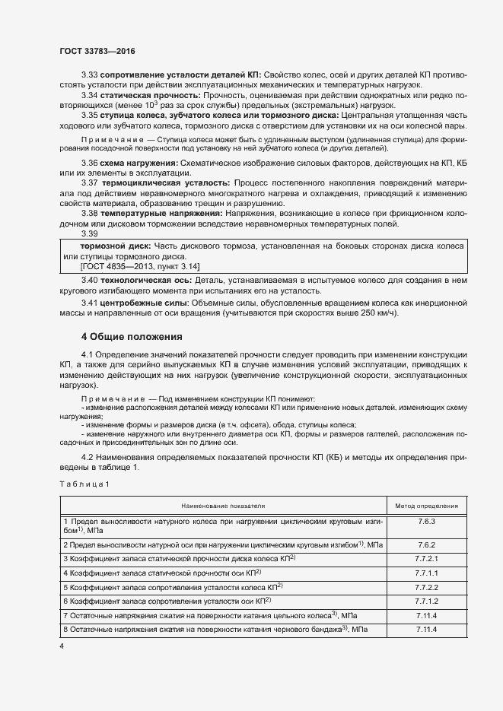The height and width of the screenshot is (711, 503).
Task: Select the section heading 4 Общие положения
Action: click(132, 336)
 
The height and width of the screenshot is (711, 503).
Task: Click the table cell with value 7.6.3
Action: click(426, 523)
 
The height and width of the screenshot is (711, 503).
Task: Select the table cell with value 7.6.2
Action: click(426, 545)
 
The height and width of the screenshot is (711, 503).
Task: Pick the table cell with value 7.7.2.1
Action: click(426, 559)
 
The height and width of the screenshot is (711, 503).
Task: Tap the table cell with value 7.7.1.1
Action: click(426, 573)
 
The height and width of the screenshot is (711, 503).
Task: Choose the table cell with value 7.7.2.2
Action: click(426, 587)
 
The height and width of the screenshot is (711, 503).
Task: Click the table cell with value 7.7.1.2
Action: click(426, 601)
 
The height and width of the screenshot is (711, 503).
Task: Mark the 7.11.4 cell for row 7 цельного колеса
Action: click(426, 614)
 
